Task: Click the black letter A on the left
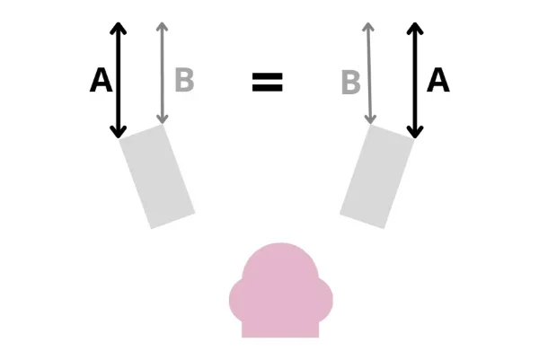pyautogui.click(x=101, y=80)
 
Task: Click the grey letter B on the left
pyautogui.click(x=184, y=80)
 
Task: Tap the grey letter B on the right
pyautogui.click(x=351, y=82)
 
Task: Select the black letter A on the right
pyautogui.click(x=438, y=80)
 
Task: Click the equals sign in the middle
pyautogui.click(x=268, y=82)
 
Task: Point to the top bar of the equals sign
pyautogui.click(x=268, y=76)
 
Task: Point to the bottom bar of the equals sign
pyautogui.click(x=268, y=88)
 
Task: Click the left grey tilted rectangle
pyautogui.click(x=157, y=176)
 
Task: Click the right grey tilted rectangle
pyautogui.click(x=377, y=176)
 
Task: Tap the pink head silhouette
pyautogui.click(x=280, y=292)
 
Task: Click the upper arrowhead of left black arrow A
pyautogui.click(x=119, y=29)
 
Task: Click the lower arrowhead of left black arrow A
pyautogui.click(x=119, y=132)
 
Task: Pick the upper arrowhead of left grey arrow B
pyautogui.click(x=163, y=27)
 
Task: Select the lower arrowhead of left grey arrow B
pyautogui.click(x=163, y=119)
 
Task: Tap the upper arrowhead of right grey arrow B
pyautogui.click(x=368, y=27)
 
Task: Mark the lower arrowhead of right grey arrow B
pyautogui.click(x=370, y=119)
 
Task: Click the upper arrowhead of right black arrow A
pyautogui.click(x=415, y=29)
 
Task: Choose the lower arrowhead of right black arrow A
pyautogui.click(x=415, y=132)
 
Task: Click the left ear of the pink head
pyautogui.click(x=236, y=300)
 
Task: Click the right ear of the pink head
pyautogui.click(x=325, y=300)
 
